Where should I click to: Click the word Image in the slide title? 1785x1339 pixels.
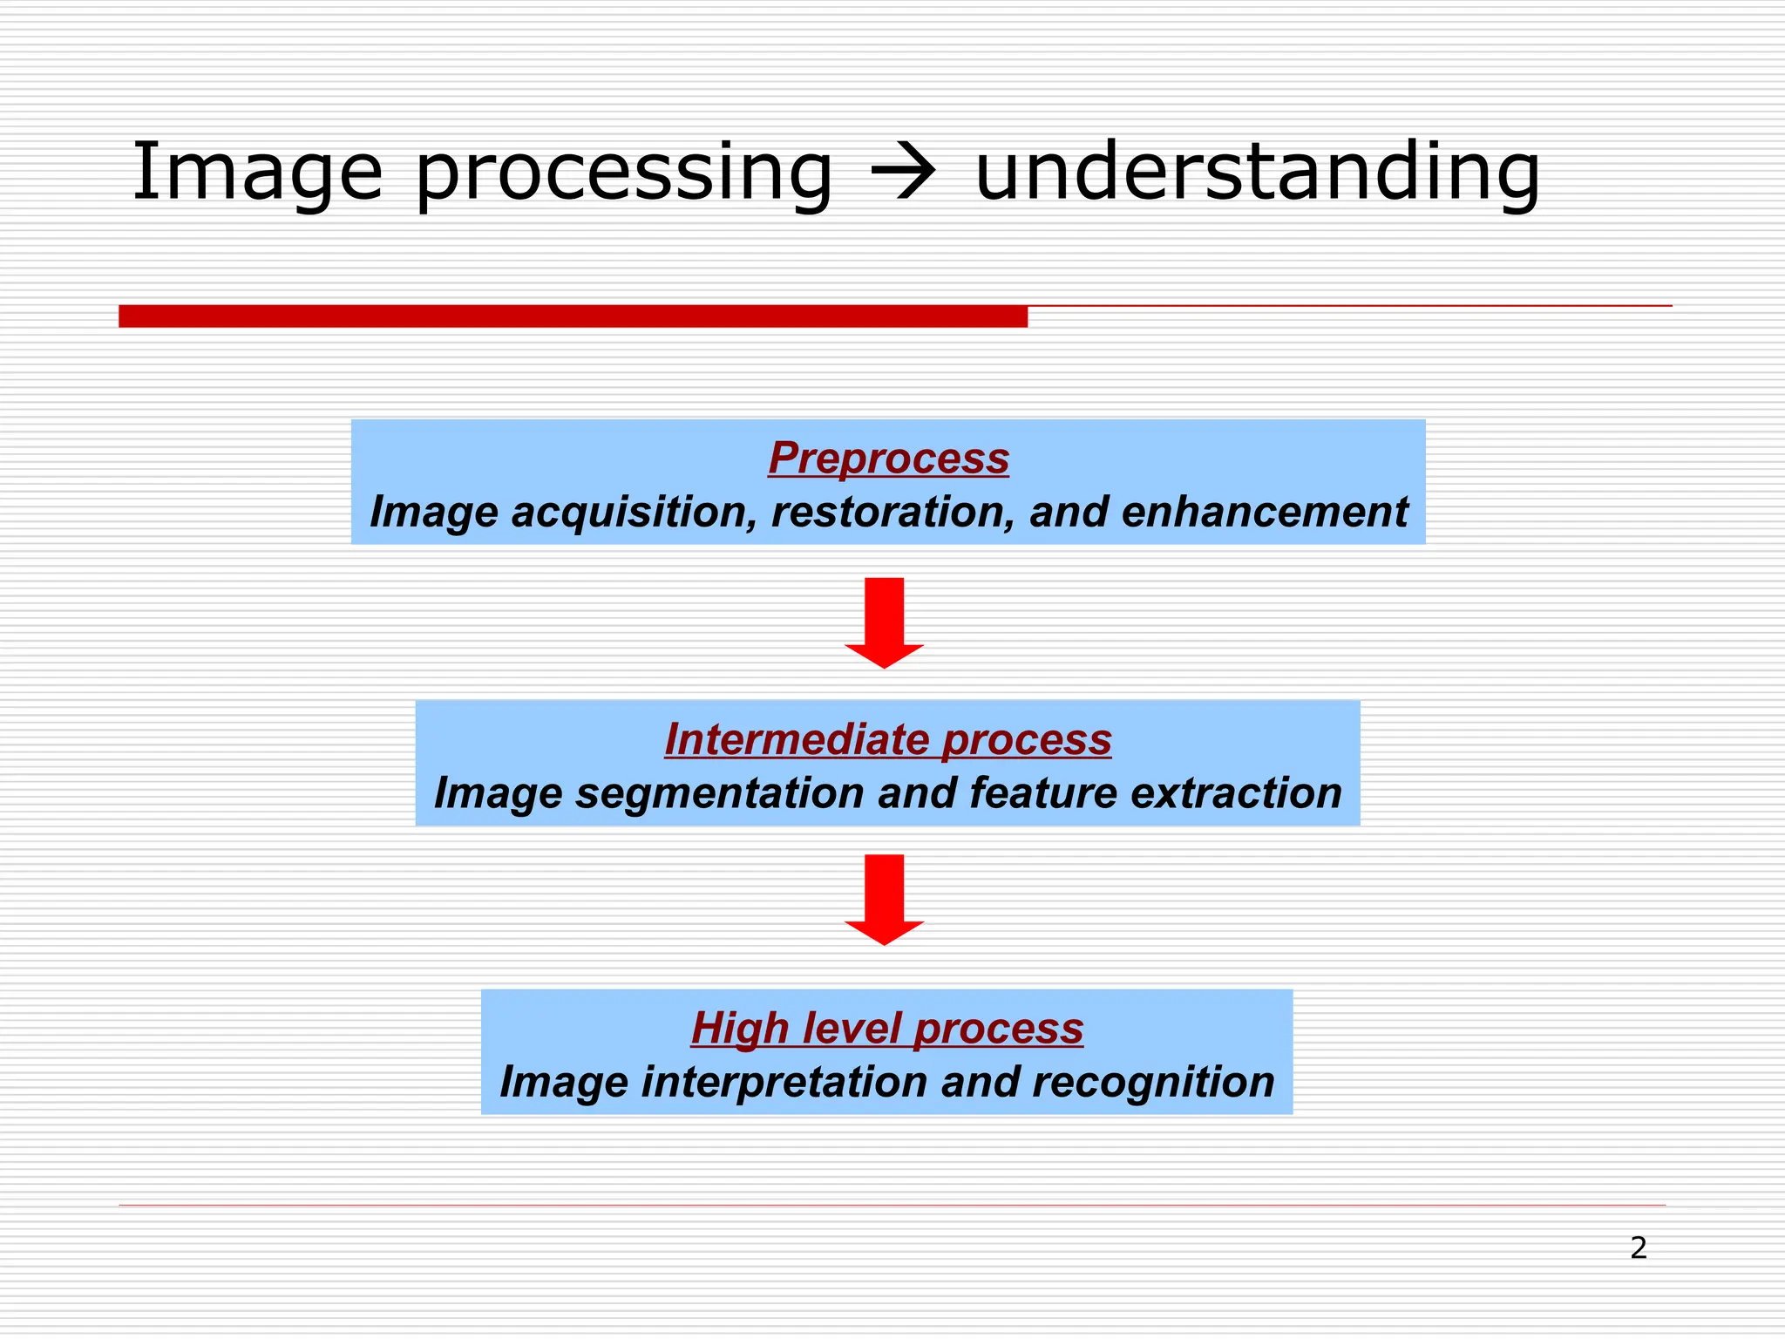click(x=257, y=172)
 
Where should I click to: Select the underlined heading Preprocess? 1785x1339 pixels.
click(x=888, y=458)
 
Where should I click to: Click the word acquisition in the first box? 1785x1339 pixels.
click(x=632, y=512)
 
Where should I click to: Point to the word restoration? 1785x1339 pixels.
click(x=892, y=512)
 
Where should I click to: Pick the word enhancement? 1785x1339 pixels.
click(x=1264, y=512)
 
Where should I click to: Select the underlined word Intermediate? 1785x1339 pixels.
click(x=797, y=739)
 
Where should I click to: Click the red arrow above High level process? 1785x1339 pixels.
click(x=884, y=899)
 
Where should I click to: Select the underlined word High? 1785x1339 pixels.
click(x=739, y=1028)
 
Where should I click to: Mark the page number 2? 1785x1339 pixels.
click(x=1638, y=1248)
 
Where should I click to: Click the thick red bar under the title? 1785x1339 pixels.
click(x=573, y=316)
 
